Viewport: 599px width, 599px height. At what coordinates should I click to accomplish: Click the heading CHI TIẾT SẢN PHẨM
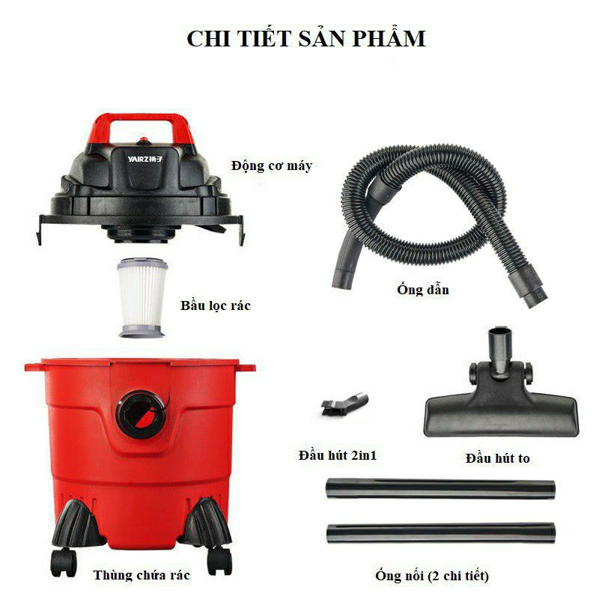tap(305, 39)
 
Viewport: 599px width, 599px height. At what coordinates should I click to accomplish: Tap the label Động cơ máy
tap(271, 165)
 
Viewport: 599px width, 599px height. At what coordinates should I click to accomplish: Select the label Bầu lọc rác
tap(215, 306)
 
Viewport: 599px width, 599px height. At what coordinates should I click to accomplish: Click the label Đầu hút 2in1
tap(337, 456)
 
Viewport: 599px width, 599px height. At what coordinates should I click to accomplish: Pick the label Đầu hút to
tap(497, 457)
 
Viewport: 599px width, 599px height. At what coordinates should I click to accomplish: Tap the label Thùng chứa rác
tap(142, 575)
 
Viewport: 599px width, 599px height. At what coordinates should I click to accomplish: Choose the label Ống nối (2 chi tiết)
tap(433, 576)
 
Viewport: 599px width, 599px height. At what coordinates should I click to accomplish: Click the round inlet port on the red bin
tap(139, 409)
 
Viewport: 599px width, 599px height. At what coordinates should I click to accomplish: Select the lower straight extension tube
tap(441, 533)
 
